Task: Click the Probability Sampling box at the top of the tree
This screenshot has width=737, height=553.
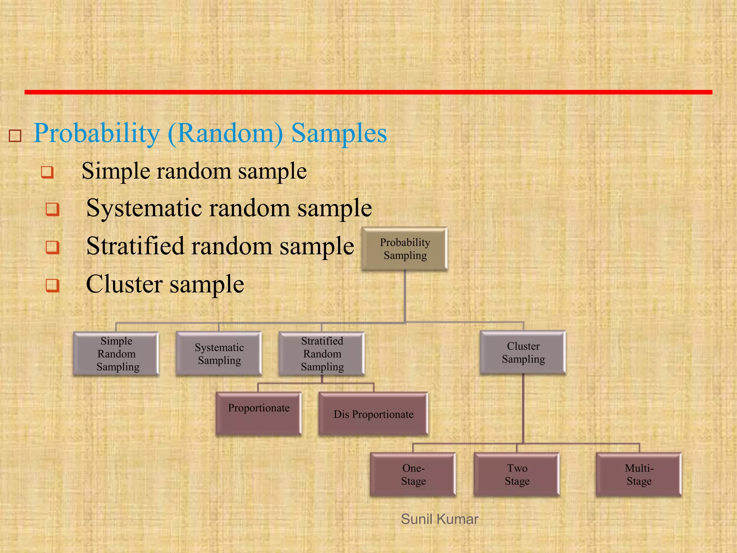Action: (x=404, y=249)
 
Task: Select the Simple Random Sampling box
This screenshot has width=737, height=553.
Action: (x=116, y=354)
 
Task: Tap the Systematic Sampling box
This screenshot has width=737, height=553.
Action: (x=219, y=354)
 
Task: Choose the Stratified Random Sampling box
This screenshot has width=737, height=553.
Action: (x=322, y=354)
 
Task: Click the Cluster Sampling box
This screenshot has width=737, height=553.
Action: (x=523, y=352)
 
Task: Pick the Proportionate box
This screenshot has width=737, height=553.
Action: (x=258, y=414)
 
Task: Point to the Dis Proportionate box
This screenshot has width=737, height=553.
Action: (x=373, y=414)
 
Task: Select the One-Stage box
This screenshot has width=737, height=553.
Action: (x=413, y=475)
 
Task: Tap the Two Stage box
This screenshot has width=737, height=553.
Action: (x=517, y=475)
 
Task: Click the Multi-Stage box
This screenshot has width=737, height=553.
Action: (x=639, y=475)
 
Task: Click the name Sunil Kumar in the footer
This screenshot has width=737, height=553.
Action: (x=439, y=519)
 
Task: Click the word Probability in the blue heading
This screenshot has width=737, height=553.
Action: (x=96, y=134)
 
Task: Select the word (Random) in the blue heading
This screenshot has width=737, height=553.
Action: (x=226, y=134)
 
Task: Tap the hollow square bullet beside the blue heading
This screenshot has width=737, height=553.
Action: (x=15, y=136)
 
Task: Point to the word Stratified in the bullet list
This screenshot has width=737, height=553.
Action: (x=135, y=246)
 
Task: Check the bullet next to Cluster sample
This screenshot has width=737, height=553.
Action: (x=53, y=286)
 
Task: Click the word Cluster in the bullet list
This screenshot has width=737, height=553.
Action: (x=124, y=284)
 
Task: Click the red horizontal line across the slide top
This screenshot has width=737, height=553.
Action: (x=368, y=92)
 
